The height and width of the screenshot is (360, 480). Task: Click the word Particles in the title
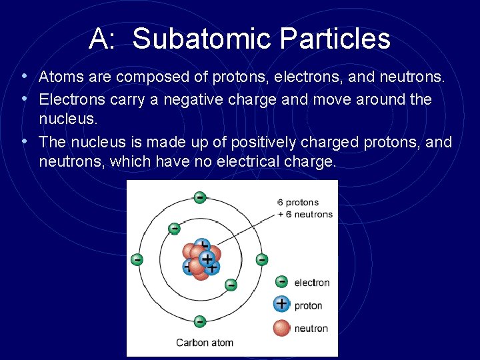click(x=335, y=39)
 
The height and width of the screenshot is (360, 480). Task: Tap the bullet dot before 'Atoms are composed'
click(x=24, y=77)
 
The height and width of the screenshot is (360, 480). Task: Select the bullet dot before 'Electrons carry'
click(x=24, y=99)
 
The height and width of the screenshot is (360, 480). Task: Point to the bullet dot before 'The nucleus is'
click(x=24, y=142)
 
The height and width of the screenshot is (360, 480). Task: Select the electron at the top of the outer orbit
click(x=199, y=197)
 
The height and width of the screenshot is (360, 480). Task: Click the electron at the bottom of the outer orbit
click(x=199, y=321)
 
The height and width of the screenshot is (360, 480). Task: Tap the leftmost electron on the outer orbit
click(x=137, y=259)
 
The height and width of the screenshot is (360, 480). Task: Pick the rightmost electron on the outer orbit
click(x=262, y=259)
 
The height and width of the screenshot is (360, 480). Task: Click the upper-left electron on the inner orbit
click(x=174, y=229)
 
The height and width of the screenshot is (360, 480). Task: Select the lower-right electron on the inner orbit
click(x=230, y=285)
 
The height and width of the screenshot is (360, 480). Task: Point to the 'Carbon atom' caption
click(x=204, y=343)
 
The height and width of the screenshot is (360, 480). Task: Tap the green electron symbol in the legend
click(x=281, y=282)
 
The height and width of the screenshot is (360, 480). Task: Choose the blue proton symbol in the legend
click(x=282, y=305)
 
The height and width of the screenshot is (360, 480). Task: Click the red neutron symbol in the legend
click(x=282, y=327)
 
